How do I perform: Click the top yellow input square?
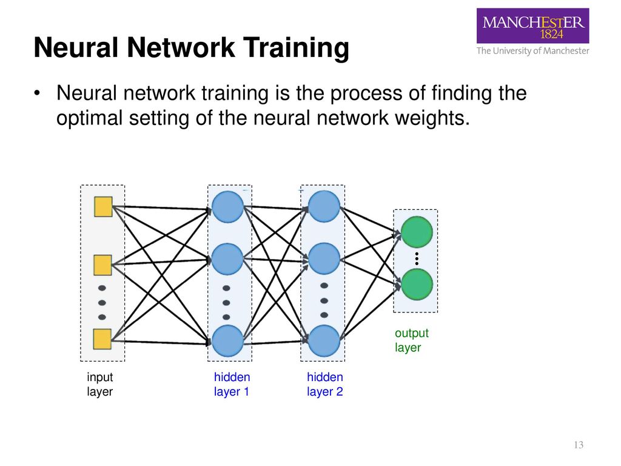(103, 207)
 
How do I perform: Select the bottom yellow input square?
(102, 339)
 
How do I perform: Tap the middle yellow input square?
(102, 265)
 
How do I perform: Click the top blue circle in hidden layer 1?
(228, 206)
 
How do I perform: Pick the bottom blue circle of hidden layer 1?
(228, 341)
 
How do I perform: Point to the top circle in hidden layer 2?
(324, 206)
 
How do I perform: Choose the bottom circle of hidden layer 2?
(324, 341)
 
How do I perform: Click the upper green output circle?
(417, 232)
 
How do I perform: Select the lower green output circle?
(417, 285)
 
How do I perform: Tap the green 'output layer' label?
(412, 340)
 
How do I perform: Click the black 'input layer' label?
(100, 384)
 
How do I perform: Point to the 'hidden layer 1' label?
(232, 384)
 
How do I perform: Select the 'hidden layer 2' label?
(325, 384)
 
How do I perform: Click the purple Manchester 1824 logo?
(532, 25)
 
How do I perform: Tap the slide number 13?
(579, 445)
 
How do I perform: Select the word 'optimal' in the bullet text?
(90, 119)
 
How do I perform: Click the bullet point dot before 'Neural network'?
(37, 93)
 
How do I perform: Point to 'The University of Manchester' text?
(532, 51)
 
